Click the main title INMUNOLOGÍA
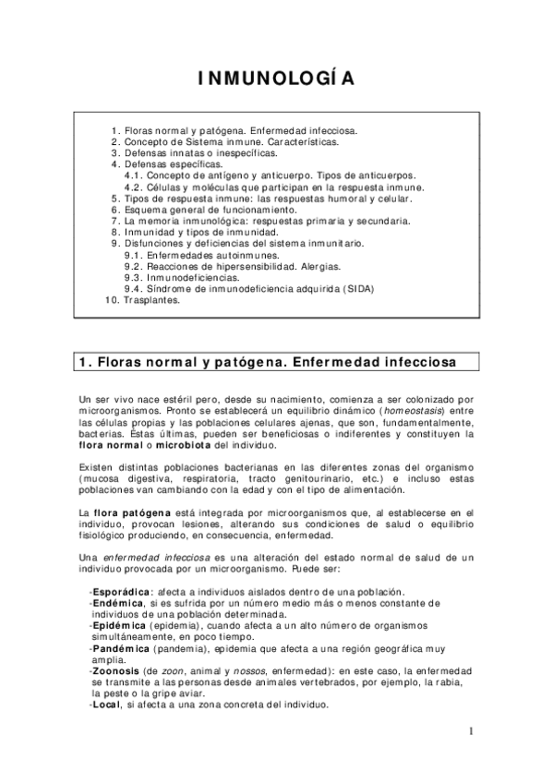[x=275, y=78]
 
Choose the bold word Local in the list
[x=107, y=704]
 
